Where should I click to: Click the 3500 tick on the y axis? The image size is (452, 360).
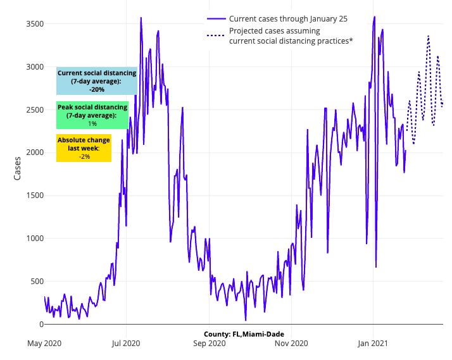click(33, 24)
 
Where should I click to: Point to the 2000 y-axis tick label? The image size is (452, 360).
click(33, 152)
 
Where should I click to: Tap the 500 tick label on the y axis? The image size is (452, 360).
click(35, 281)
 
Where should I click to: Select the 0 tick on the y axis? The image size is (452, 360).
click(39, 324)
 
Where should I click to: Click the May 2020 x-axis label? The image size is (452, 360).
click(44, 344)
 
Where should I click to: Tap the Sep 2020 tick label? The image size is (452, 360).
click(209, 344)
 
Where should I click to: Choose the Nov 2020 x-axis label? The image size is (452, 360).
click(291, 344)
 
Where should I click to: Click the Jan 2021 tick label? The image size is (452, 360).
click(373, 344)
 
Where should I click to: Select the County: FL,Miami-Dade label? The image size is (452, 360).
click(244, 333)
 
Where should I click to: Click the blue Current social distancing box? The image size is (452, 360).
click(97, 81)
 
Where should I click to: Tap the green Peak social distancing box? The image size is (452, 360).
click(92, 115)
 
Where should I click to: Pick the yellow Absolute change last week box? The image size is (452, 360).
click(84, 148)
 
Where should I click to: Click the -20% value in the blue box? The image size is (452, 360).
click(97, 90)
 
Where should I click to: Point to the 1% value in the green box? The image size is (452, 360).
click(92, 124)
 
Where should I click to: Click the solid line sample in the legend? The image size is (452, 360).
click(217, 19)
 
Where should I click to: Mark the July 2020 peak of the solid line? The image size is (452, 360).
click(141, 18)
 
